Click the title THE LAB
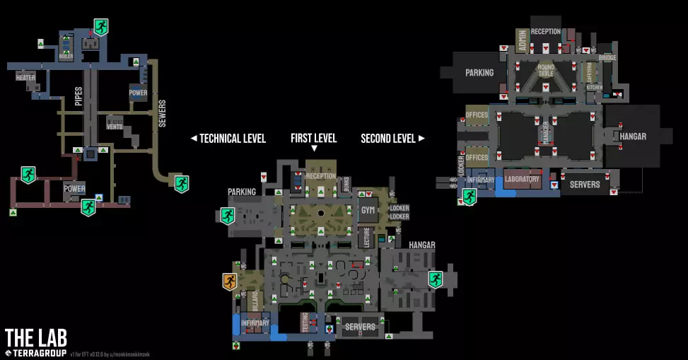(x=35, y=337)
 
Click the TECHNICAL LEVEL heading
(x=228, y=139)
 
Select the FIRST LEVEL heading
(x=313, y=139)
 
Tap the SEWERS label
(x=162, y=113)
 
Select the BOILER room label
(x=65, y=55)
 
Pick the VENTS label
(x=115, y=127)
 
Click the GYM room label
(x=368, y=211)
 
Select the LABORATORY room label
(x=523, y=180)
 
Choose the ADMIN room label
(x=521, y=42)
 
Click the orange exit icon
(x=229, y=282)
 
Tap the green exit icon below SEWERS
(x=182, y=184)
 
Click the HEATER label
(x=25, y=78)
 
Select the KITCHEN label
(x=594, y=87)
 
